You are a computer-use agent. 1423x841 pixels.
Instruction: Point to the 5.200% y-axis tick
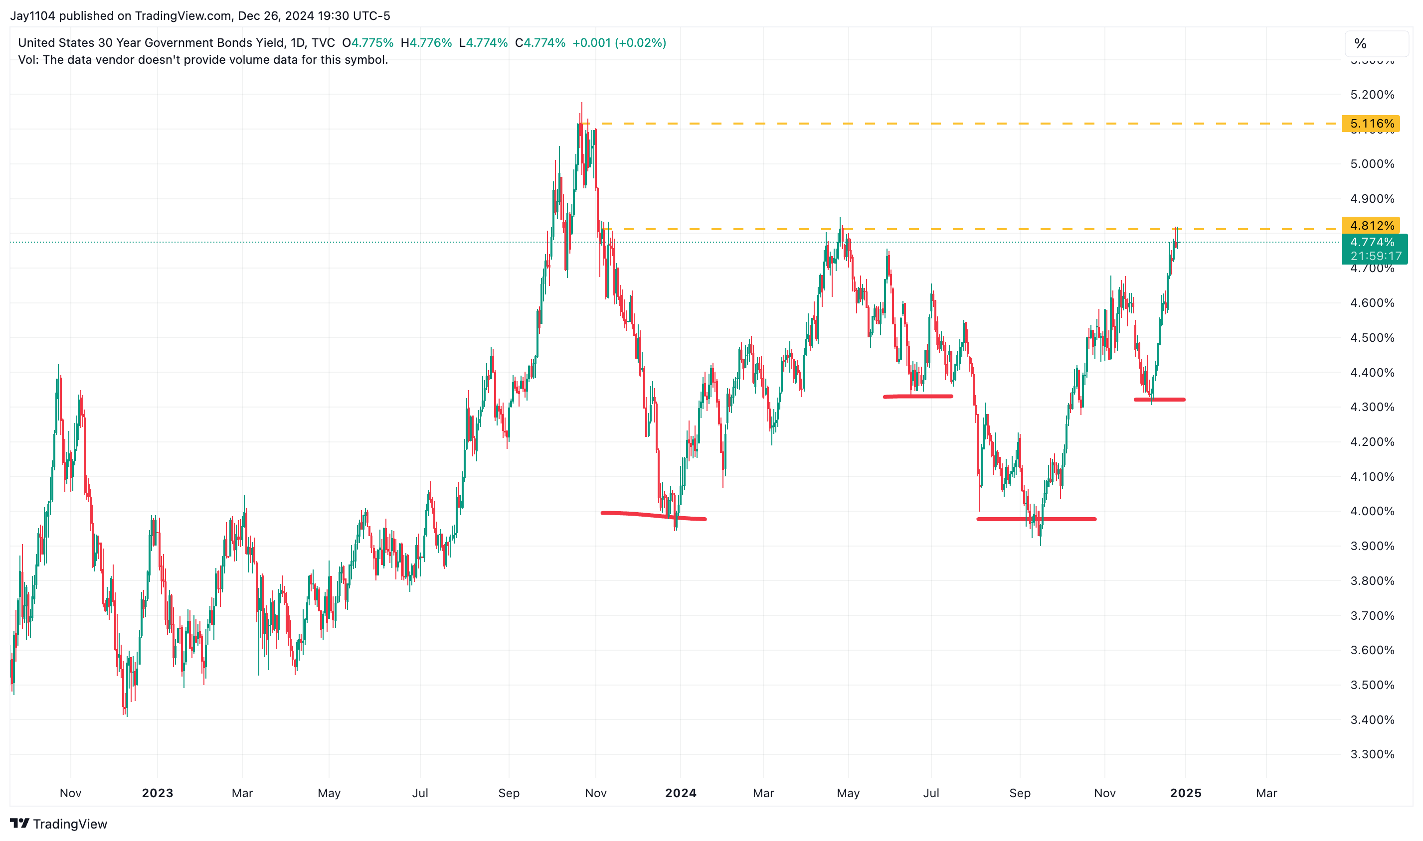[1371, 95]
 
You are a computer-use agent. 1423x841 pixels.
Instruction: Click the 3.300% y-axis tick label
[1371, 754]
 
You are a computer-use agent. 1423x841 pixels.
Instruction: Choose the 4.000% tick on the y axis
[1371, 511]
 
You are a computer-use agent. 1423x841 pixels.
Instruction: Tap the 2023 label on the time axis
[157, 793]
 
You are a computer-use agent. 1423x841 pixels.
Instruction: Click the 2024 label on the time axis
[681, 793]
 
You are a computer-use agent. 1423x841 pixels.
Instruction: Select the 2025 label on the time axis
[1185, 793]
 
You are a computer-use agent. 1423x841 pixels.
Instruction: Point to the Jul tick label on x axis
[420, 793]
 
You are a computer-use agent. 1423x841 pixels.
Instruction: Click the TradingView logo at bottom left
[58, 824]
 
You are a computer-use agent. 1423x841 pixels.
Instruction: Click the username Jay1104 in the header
[32, 16]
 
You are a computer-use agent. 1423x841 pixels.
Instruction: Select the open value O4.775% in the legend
[367, 43]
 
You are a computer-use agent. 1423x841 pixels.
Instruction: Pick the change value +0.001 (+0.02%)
[619, 43]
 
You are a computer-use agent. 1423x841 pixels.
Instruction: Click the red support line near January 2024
[652, 515]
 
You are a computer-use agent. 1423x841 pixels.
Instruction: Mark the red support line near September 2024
[1036, 519]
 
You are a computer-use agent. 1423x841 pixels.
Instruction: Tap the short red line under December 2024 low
[1159, 400]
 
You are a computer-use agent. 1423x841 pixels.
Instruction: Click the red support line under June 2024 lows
[917, 397]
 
